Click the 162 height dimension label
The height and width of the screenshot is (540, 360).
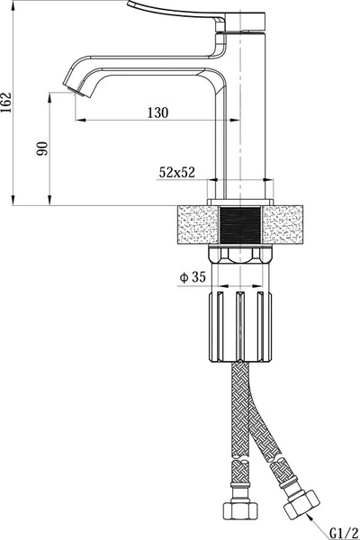point(6,103)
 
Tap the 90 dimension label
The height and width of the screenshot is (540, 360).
point(42,148)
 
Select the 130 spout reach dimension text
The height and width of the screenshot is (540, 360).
point(158,112)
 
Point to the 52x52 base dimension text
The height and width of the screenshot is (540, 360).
point(176,172)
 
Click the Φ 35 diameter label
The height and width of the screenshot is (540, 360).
point(193,277)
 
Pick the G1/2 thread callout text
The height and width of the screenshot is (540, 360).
point(344,533)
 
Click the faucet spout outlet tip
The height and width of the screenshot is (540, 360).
point(76,90)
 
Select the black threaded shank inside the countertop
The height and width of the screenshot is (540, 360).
point(240,225)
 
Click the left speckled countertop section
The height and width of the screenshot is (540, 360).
point(198,225)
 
